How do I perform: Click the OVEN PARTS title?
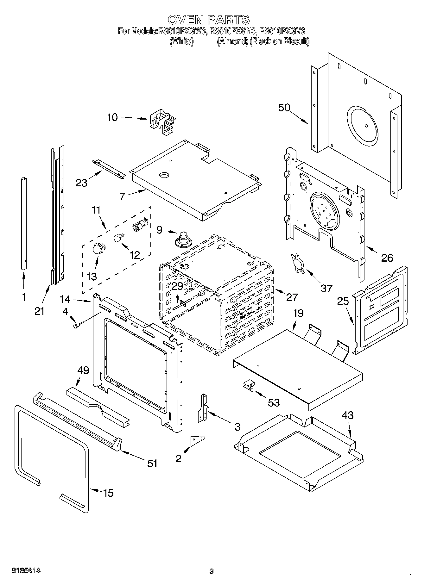pos(209,20)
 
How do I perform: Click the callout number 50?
pos(284,108)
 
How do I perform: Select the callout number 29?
pos(177,286)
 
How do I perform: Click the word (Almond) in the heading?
pos(232,41)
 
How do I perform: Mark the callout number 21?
pos(40,311)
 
